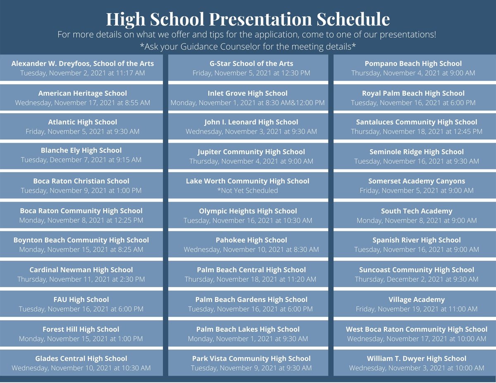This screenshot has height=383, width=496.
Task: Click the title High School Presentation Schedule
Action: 248,19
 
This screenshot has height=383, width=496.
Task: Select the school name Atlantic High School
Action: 83,122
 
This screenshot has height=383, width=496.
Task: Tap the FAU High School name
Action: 81,300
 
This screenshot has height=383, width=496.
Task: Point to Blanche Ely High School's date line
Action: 81,160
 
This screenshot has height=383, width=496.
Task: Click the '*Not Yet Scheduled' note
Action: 248,190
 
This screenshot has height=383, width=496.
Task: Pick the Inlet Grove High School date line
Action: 248,102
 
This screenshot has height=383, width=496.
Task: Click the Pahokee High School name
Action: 251,240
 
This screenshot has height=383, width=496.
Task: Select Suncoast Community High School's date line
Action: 417,279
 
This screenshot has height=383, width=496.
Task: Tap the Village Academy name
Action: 417,300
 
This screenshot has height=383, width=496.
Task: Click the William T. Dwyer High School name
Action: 417,359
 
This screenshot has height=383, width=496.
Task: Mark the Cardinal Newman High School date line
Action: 81,279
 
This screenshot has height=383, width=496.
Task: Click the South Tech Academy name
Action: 417,211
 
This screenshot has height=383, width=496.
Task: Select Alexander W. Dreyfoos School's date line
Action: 83,73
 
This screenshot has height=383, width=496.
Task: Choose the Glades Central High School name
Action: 81,359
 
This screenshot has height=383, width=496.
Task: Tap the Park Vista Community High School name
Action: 251,359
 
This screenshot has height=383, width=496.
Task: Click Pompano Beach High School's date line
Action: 413,73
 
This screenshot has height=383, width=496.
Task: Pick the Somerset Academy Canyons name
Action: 417,181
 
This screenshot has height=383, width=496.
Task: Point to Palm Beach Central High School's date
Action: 250,279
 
